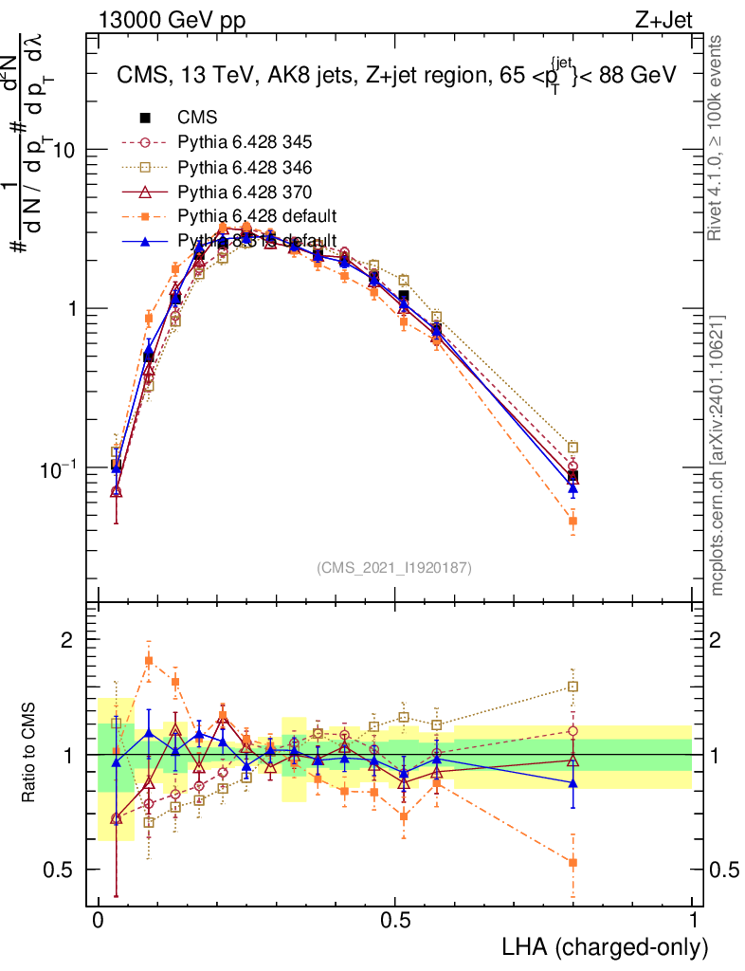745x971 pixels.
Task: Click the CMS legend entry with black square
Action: (197, 119)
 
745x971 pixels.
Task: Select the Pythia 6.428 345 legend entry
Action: (245, 143)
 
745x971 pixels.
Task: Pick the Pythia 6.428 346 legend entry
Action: (245, 168)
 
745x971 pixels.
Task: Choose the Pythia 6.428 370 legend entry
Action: (245, 192)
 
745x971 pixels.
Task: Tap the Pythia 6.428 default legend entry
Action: (258, 216)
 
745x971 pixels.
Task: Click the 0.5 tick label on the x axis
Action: (395, 921)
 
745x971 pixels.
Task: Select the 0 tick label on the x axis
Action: (99, 921)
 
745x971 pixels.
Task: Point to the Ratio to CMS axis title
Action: (30, 754)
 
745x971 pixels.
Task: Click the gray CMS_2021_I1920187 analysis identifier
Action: (393, 567)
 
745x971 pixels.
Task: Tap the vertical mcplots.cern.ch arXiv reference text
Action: (719, 455)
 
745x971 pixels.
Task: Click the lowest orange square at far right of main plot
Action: (572, 521)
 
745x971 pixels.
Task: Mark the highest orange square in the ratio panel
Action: (149, 660)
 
